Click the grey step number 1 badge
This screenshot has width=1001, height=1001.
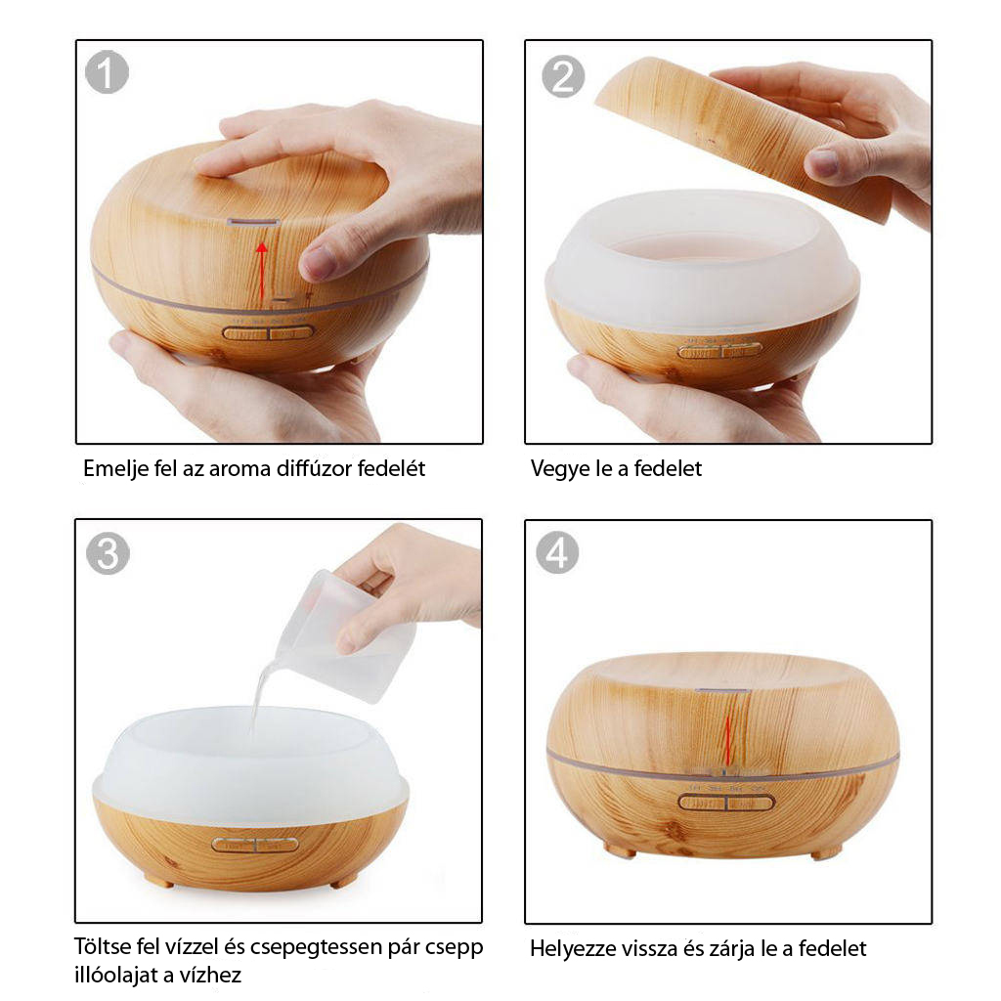(x=108, y=72)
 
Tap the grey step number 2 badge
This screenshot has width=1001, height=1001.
(x=563, y=76)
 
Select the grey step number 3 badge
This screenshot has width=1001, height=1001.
(x=108, y=553)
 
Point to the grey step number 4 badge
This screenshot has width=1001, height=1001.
(x=557, y=552)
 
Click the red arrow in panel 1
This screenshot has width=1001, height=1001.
(x=261, y=271)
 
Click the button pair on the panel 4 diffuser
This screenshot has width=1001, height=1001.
(x=726, y=802)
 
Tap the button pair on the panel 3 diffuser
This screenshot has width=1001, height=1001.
(x=255, y=846)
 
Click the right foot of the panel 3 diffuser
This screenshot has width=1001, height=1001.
(x=345, y=882)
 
